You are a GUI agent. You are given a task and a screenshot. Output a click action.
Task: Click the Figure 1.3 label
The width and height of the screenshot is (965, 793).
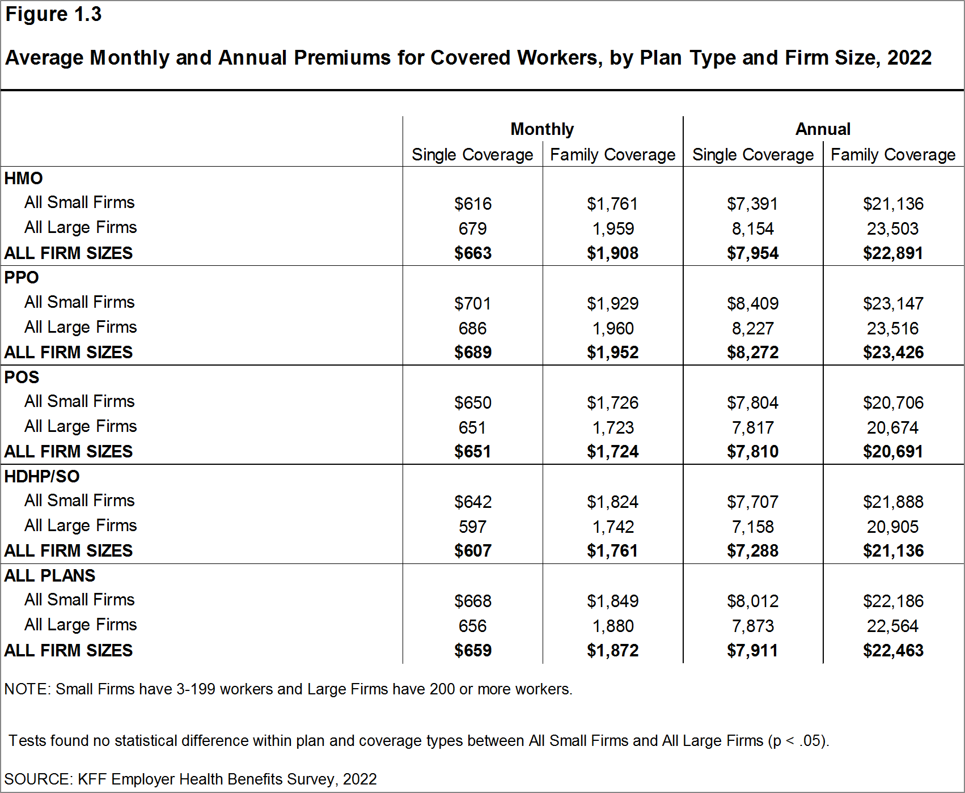[53, 14]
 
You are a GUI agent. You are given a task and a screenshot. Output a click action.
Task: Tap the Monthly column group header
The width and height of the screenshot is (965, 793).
[542, 129]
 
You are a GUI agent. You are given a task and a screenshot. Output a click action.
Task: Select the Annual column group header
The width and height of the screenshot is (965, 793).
[823, 129]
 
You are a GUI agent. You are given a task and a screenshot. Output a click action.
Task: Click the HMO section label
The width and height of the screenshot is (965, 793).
[23, 179]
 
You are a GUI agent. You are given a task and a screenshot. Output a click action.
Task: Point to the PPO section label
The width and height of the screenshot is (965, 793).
[22, 278]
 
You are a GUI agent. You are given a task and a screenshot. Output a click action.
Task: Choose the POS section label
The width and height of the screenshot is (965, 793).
[22, 377]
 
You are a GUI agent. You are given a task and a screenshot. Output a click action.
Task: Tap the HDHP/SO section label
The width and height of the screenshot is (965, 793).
[42, 476]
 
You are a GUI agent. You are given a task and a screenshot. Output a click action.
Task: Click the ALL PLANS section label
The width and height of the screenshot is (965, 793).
[50, 575]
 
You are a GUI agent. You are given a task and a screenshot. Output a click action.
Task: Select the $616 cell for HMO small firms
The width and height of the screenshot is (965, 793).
[472, 204]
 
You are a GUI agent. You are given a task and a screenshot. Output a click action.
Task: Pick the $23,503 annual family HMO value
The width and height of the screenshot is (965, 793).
[892, 229]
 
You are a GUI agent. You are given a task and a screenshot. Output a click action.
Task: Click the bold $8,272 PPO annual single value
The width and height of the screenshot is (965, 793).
[752, 353]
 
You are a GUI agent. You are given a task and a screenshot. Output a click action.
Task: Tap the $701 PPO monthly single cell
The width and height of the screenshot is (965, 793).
[472, 304]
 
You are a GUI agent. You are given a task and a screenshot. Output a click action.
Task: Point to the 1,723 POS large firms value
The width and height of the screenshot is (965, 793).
[613, 428]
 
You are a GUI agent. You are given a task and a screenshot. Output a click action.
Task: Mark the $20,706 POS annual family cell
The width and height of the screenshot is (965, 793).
[893, 403]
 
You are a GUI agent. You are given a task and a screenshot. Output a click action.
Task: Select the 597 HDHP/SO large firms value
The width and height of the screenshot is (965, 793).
[472, 527]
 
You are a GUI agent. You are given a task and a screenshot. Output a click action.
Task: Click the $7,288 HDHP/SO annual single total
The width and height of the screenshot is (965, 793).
[752, 551]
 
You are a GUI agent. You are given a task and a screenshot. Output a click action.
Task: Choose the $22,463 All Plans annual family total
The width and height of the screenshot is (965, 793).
[893, 651]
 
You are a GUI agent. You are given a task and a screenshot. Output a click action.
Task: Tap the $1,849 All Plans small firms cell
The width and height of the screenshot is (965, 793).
[612, 601]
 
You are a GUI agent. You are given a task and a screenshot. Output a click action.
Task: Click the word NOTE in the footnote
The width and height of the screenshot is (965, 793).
[26, 689]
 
